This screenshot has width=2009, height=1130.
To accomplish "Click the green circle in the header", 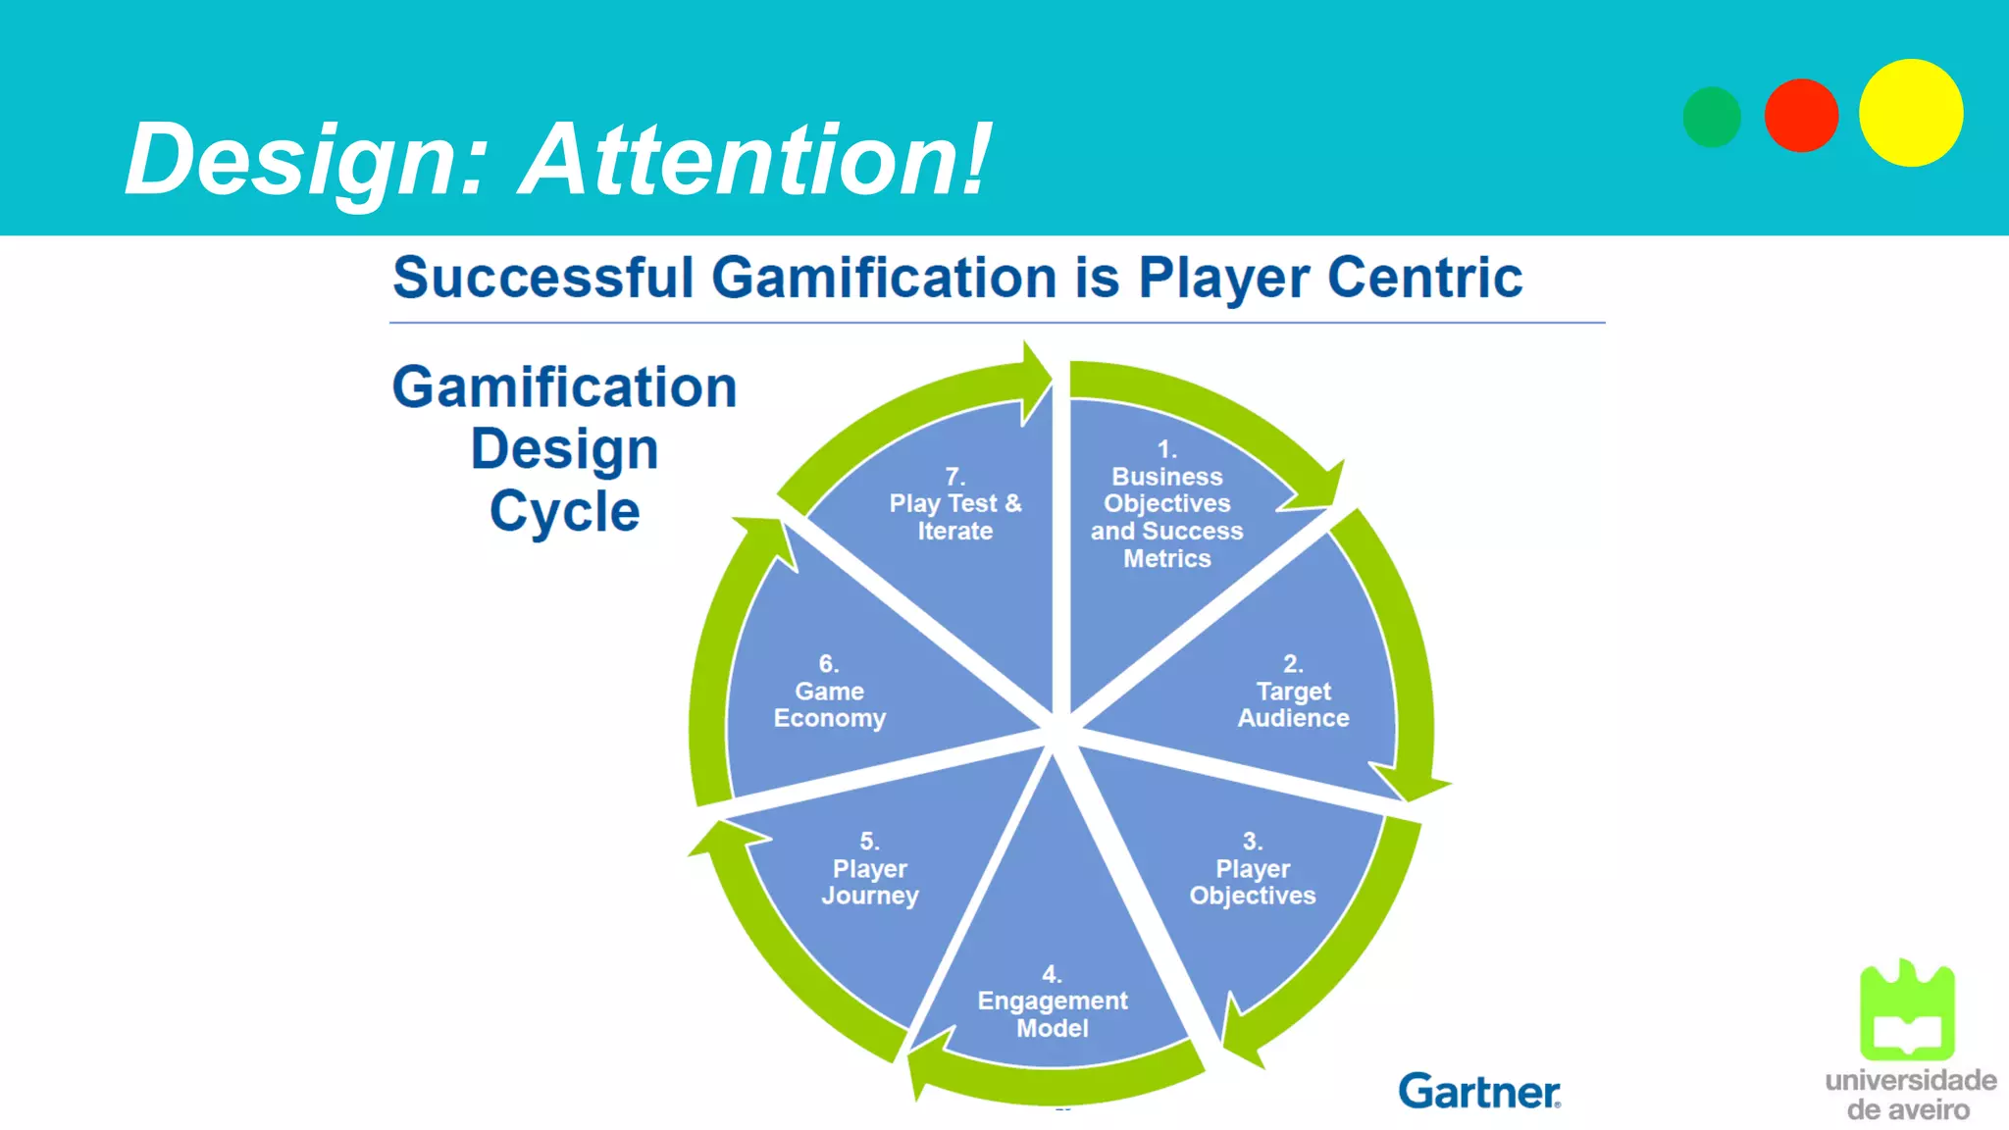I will click(1712, 117).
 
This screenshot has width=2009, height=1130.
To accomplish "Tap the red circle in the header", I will click(1801, 116).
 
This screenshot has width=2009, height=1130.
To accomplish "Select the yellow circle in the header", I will click(1911, 113).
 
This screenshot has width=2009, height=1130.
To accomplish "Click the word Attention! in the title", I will click(755, 159).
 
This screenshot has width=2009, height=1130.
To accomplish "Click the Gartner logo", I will click(1479, 1091).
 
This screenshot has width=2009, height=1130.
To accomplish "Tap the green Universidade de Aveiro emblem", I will click(1907, 1009).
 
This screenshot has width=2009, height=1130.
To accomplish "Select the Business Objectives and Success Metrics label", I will click(1166, 517).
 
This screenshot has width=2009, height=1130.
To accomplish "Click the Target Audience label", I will click(1293, 704).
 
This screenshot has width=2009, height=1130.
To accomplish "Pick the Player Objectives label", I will click(1253, 882).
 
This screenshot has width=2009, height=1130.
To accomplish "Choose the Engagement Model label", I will click(1053, 1014).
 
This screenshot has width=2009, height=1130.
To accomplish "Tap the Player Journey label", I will click(870, 882).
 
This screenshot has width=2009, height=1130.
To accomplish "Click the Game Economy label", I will click(830, 704).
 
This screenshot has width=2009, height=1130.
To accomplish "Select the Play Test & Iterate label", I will click(955, 517).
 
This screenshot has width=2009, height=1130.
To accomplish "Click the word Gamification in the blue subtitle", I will click(884, 278).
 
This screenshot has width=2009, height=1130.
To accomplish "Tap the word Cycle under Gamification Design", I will click(565, 511).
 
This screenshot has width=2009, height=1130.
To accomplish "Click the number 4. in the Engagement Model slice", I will click(1052, 974).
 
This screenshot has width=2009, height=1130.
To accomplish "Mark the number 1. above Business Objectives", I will click(1166, 449).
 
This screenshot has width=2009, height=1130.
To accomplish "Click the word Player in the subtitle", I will click(1223, 278).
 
